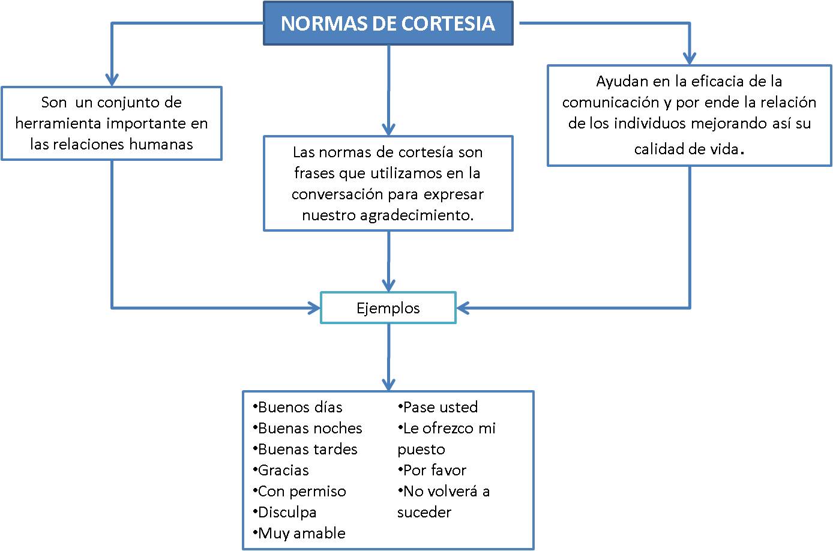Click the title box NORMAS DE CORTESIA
(x=388, y=23)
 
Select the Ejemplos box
(x=388, y=308)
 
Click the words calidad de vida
(x=686, y=149)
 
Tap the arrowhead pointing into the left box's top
(x=112, y=80)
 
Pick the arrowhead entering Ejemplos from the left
(x=314, y=308)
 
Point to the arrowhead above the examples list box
(x=389, y=384)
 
